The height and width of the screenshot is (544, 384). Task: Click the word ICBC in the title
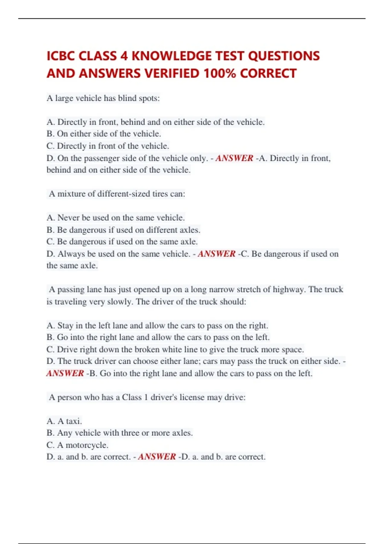pyautogui.click(x=61, y=56)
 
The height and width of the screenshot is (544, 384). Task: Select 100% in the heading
pyautogui.click(x=220, y=73)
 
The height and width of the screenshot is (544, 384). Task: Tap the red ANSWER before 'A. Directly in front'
pyautogui.click(x=234, y=158)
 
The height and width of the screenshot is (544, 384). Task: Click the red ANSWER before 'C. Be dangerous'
pyautogui.click(x=217, y=254)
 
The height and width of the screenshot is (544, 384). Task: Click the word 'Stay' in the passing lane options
pyautogui.click(x=65, y=325)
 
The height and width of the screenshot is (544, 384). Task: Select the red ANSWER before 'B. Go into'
pyautogui.click(x=65, y=373)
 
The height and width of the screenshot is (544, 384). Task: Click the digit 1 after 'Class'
pyautogui.click(x=146, y=397)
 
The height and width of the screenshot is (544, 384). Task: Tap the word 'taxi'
pyautogui.click(x=74, y=421)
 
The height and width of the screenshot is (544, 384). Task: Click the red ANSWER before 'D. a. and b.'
pyautogui.click(x=157, y=457)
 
